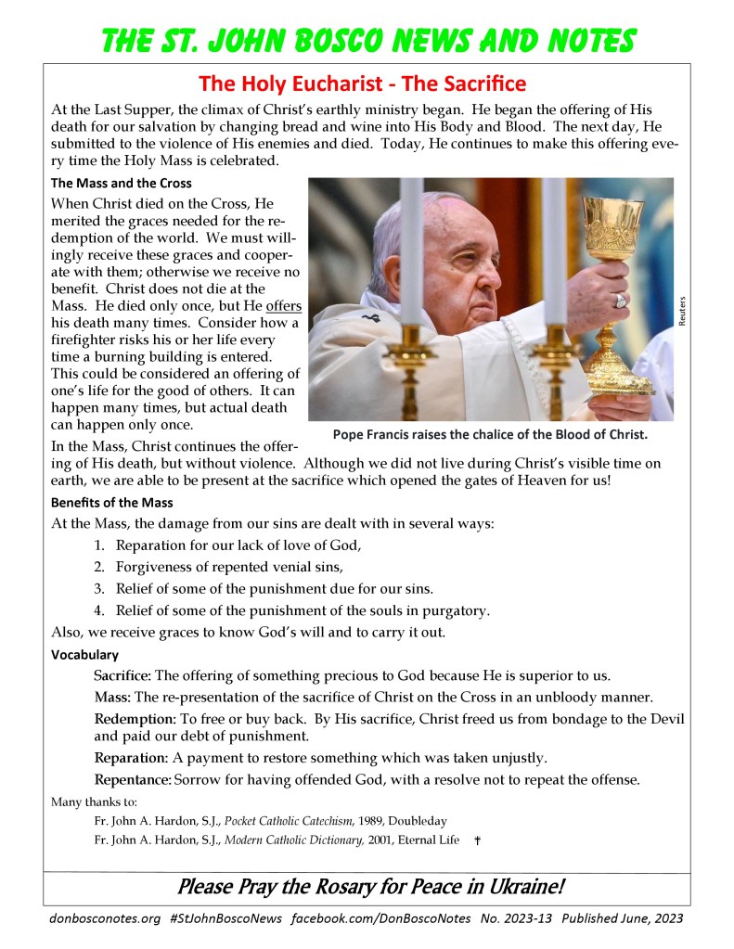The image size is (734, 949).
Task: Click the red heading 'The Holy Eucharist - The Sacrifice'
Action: coord(363,84)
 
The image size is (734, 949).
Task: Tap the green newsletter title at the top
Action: coord(368,40)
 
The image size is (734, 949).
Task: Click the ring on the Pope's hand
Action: coord(620,300)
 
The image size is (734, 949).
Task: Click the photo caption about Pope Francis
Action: coord(489,434)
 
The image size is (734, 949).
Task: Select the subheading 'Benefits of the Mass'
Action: coord(111,503)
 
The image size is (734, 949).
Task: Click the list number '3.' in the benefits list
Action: coord(98,588)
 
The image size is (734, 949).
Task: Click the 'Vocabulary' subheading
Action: coord(84,655)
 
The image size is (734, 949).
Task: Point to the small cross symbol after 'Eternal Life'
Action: coord(477,840)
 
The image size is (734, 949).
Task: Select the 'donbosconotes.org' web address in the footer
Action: coord(103,918)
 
